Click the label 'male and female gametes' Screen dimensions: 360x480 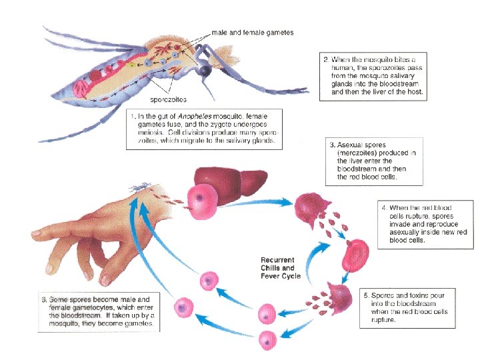coord(252,32)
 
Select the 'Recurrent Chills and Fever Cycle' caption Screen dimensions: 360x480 coord(281,267)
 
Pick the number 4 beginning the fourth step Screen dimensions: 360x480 coord(375,207)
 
